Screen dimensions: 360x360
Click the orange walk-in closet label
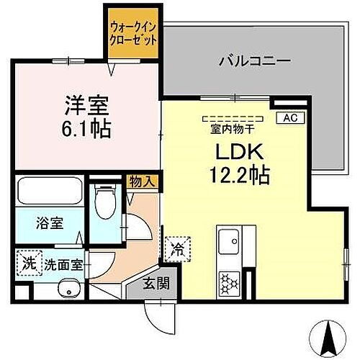132,34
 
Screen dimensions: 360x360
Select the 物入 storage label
143,181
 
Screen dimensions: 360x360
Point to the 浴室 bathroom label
50,222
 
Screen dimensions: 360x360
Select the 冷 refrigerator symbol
176,249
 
